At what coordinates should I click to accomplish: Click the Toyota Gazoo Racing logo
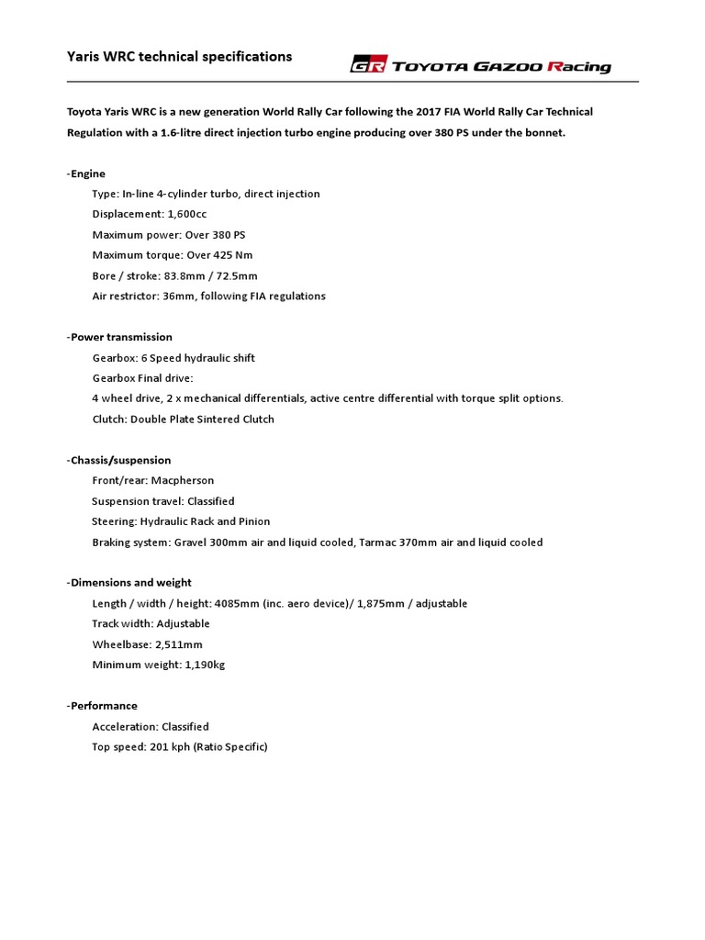(480, 65)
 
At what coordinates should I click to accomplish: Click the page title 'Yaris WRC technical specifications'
(179, 57)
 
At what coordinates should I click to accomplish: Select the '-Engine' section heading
(86, 173)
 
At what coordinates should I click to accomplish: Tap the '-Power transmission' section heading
(119, 337)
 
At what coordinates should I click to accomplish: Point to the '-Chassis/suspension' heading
(118, 460)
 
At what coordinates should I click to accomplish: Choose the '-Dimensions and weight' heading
(129, 582)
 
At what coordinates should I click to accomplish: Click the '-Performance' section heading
(102, 705)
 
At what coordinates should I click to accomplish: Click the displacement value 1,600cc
(186, 214)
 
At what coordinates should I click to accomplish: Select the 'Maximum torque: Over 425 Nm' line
(171, 255)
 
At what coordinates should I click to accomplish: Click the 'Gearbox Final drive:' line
(143, 378)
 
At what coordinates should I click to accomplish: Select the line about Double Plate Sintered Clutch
(183, 419)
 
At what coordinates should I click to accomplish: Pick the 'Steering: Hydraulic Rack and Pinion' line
(181, 521)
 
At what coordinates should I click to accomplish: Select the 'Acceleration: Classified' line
(151, 726)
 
